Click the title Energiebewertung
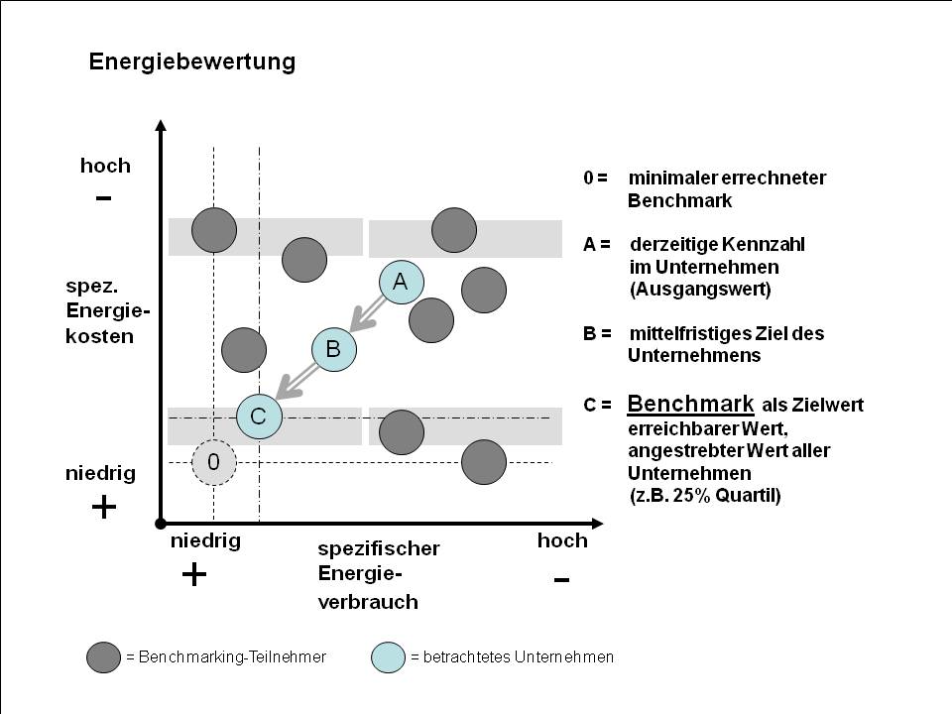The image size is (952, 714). coord(192,61)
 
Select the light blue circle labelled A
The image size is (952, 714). coord(400,282)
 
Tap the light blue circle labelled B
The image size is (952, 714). coord(333,348)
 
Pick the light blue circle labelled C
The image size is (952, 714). coord(259,416)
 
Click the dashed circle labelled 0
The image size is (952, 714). coord(213,462)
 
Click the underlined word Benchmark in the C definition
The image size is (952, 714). coord(691,404)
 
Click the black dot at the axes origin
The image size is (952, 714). coord(160,522)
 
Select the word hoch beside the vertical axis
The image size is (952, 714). coord(105,166)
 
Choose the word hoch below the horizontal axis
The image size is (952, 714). coord(561,540)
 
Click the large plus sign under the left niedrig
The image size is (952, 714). coord(103,508)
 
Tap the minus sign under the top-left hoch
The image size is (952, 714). coord(103,197)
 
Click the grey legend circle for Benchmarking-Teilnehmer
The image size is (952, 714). coord(104,656)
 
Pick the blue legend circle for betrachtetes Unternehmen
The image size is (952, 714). coord(388,656)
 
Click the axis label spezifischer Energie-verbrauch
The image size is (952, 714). coord(379,574)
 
